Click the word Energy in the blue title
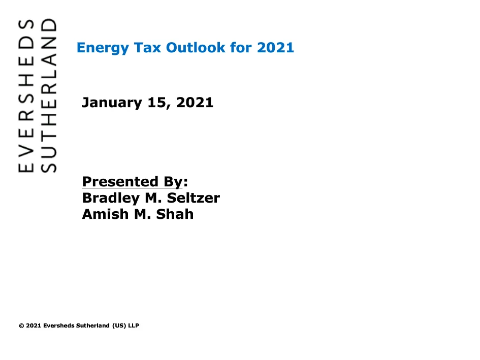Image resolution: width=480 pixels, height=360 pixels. (x=103, y=48)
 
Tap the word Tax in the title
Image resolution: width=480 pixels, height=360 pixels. (x=147, y=47)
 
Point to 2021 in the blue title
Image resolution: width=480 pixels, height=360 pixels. (x=275, y=47)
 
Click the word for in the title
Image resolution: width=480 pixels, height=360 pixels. (x=241, y=47)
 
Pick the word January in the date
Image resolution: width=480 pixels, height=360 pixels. (x=112, y=103)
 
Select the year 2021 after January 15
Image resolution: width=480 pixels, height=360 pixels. (x=195, y=102)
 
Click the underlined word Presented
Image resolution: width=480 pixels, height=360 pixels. (x=120, y=182)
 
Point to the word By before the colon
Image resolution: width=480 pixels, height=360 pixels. (x=173, y=182)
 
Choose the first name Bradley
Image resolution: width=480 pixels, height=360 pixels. (x=111, y=199)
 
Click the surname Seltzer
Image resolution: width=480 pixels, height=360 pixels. (x=194, y=198)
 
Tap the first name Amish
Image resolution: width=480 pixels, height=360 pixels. (x=105, y=214)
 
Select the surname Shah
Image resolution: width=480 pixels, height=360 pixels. (x=175, y=214)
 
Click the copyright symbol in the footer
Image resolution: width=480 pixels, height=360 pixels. (x=21, y=325)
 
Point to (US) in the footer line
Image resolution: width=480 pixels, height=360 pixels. (x=119, y=325)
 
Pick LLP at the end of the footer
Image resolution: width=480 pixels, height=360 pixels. (x=134, y=325)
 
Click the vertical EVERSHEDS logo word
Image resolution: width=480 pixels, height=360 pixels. (x=26, y=96)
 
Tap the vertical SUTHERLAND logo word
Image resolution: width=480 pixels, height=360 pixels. (x=49, y=95)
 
